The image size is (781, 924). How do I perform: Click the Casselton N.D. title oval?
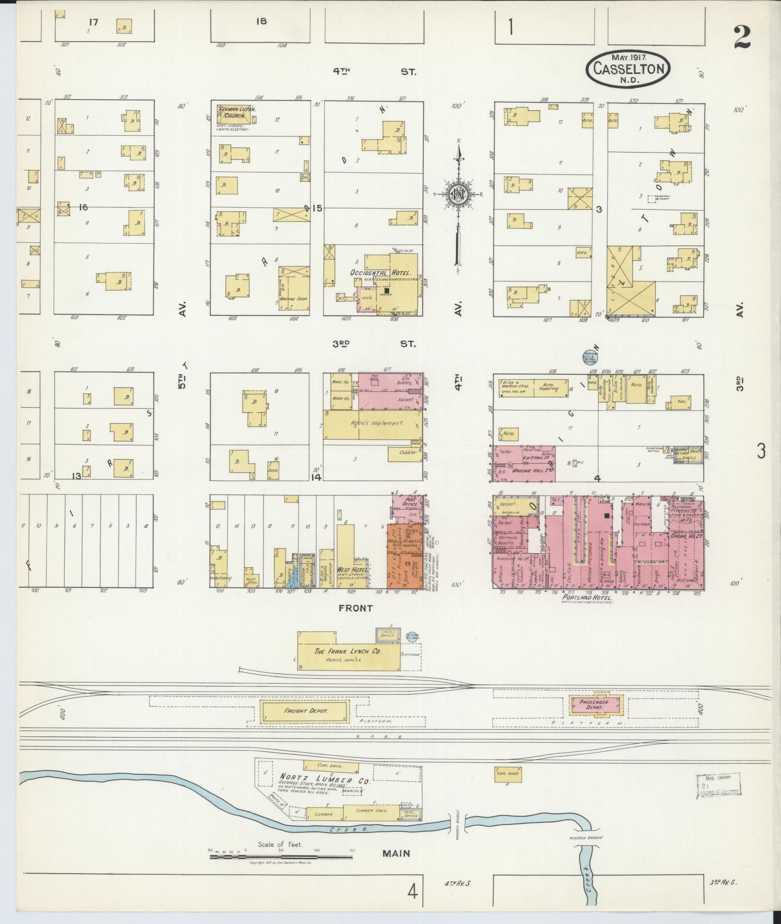tap(627, 69)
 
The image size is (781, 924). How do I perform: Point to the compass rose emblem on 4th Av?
tap(458, 194)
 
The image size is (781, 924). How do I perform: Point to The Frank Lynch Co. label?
tap(347, 652)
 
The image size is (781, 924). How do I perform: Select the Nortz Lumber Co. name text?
tap(325, 780)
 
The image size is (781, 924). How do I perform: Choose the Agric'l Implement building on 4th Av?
tap(372, 423)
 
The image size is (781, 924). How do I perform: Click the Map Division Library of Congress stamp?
tap(718, 785)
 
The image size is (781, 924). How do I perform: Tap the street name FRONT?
tap(355, 608)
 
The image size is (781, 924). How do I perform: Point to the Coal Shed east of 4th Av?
tap(508, 773)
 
